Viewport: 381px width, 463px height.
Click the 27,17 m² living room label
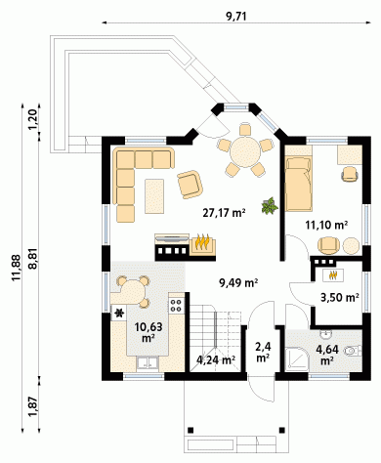click(x=224, y=213)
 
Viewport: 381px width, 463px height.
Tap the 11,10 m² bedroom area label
click(x=326, y=225)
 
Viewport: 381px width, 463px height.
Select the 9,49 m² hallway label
click(x=238, y=283)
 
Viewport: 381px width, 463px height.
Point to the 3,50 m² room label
click(x=340, y=298)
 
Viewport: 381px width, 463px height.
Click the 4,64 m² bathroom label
click(x=327, y=355)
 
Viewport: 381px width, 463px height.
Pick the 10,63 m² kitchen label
click(x=148, y=332)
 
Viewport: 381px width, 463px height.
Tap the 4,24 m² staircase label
click(x=216, y=360)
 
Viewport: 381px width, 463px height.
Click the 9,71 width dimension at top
click(x=236, y=17)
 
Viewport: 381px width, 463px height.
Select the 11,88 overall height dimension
click(x=17, y=268)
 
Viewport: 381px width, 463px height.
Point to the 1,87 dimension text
click(x=33, y=407)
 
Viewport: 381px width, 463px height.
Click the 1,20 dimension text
click(x=33, y=120)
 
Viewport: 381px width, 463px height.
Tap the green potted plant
click(x=270, y=206)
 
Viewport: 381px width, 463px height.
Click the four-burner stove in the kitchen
click(x=177, y=305)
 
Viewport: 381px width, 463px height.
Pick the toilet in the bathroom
click(x=353, y=351)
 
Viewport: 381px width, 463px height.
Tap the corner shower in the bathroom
click(x=296, y=359)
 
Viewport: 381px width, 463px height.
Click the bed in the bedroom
click(x=298, y=184)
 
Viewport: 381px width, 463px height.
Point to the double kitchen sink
click(x=148, y=363)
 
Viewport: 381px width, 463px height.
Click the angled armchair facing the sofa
click(x=190, y=184)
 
